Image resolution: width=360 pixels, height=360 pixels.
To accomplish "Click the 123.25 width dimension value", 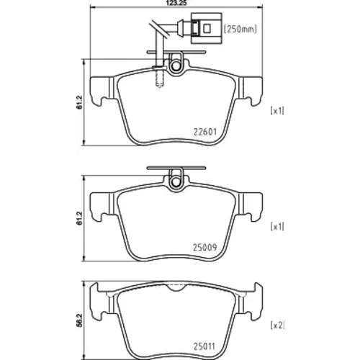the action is click(176, 3).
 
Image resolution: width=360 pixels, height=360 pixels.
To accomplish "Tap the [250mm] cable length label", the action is click(240, 29).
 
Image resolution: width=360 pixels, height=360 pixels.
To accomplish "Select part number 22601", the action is click(205, 132).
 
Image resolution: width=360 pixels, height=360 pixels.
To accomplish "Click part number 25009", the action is click(205, 247).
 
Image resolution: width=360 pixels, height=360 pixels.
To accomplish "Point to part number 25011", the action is click(204, 346).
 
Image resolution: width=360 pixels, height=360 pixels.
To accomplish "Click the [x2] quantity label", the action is click(277, 325).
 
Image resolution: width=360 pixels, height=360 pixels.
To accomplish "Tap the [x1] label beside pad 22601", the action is click(277, 111).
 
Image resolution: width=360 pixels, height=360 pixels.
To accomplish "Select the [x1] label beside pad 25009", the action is click(277, 226).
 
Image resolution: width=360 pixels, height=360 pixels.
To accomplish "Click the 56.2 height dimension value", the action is click(80, 320).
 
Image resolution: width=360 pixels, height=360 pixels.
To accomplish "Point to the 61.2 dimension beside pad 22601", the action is click(80, 102).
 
